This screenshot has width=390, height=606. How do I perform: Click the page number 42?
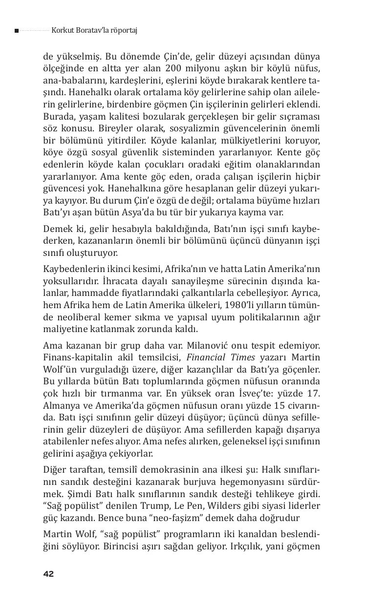tap(48, 574)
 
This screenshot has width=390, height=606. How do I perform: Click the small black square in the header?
tap(17, 31)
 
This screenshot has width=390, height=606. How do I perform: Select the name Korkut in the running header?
tap(62, 30)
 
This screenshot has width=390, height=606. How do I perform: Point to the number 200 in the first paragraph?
tap(174, 68)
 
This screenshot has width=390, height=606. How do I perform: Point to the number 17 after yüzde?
tap(315, 393)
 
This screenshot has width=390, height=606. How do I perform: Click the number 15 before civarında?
tap(281, 405)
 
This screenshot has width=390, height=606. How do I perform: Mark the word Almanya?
tap(61, 405)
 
